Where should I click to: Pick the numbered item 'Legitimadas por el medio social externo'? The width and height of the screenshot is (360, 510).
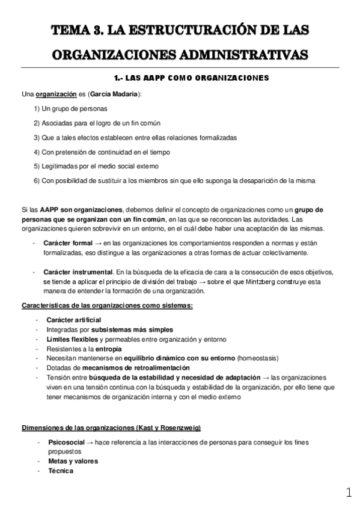coord(96,166)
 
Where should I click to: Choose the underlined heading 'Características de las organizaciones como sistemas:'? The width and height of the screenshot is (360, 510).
coord(107,306)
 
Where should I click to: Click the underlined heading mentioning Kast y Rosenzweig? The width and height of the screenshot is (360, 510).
coord(111,428)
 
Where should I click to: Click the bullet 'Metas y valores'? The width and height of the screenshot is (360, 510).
coord(73,461)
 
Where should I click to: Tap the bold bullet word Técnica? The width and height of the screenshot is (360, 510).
coord(61,471)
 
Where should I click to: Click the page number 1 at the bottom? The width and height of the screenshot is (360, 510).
coord(349,494)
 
